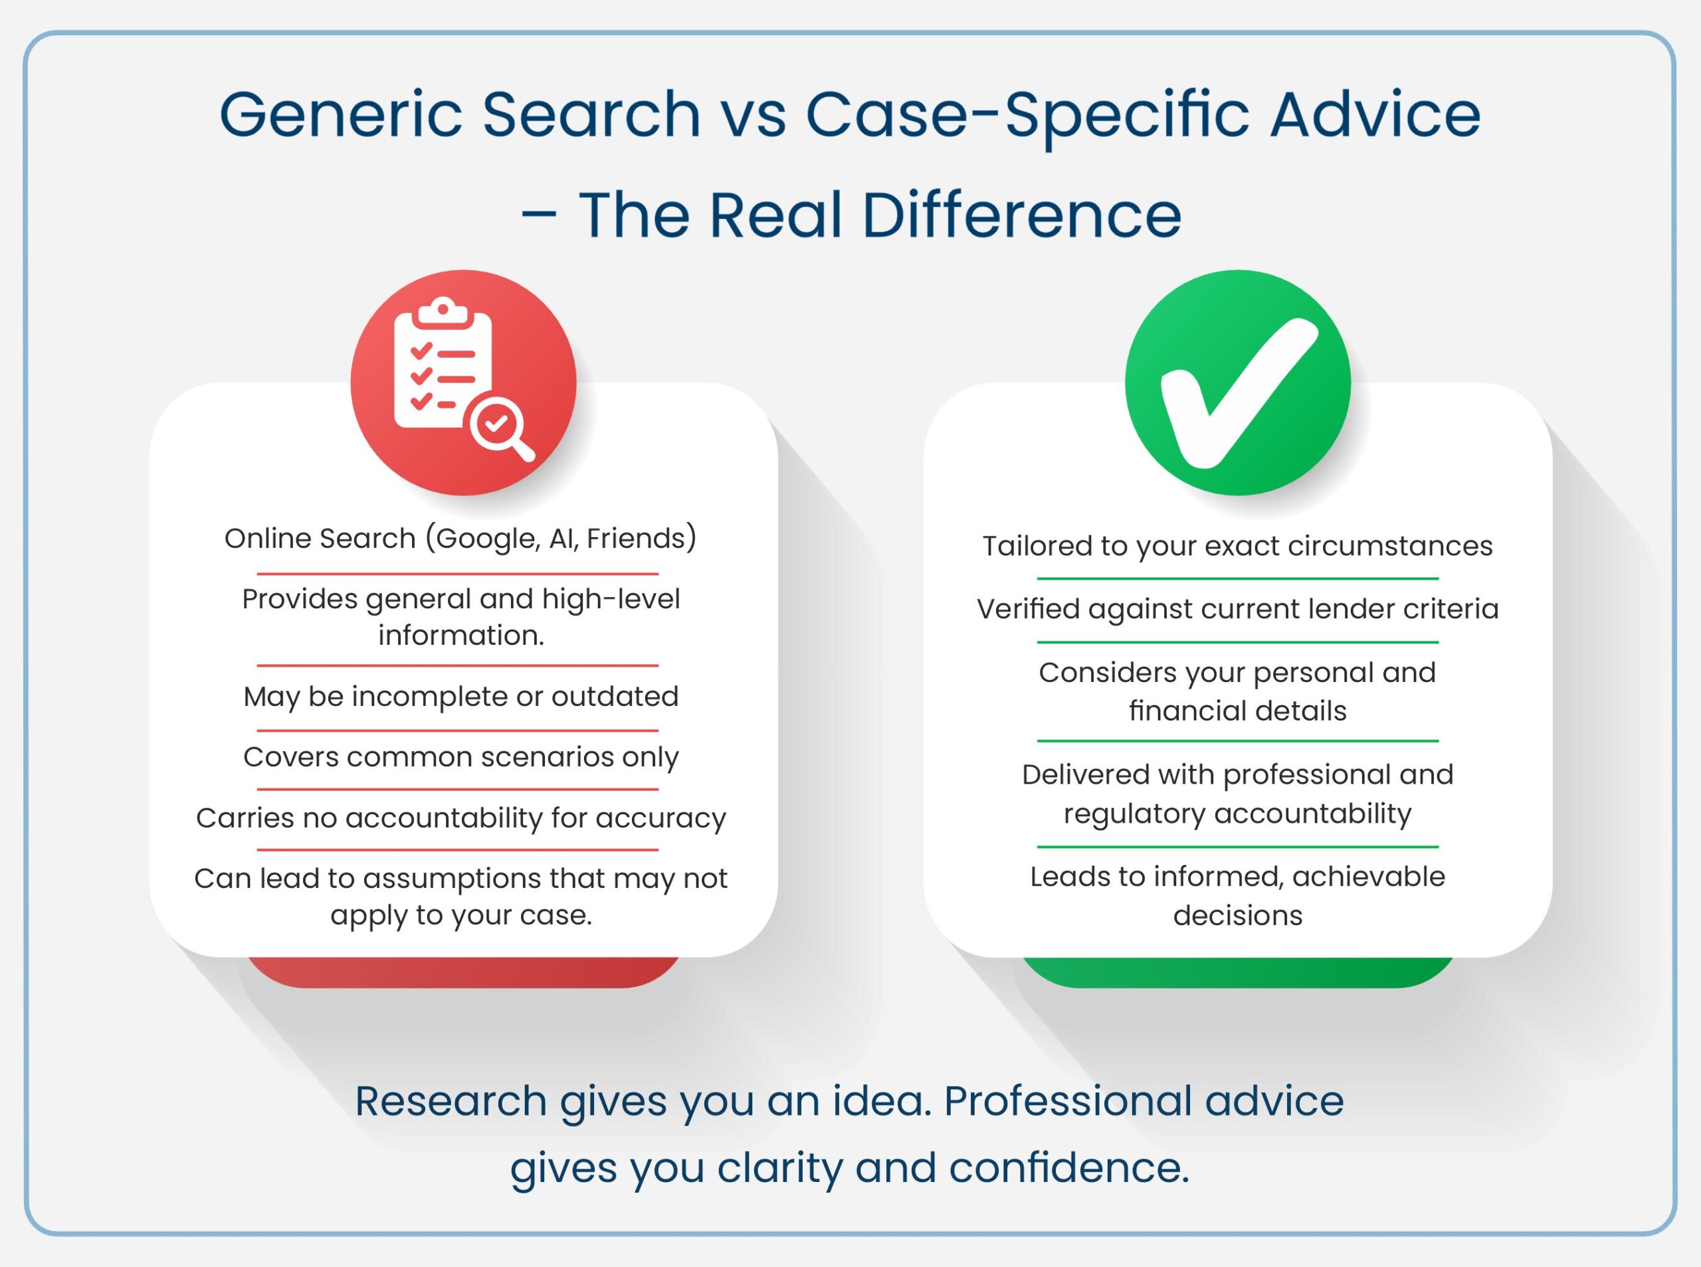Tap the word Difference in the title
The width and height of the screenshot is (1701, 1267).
[1021, 216]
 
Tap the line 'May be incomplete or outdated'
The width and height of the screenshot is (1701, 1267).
[461, 697]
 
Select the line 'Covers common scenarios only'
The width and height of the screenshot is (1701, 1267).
[461, 757]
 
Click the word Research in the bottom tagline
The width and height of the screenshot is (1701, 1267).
[451, 1102]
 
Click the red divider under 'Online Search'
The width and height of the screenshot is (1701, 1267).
[458, 574]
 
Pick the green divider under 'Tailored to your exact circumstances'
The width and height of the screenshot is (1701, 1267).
[1238, 579]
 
